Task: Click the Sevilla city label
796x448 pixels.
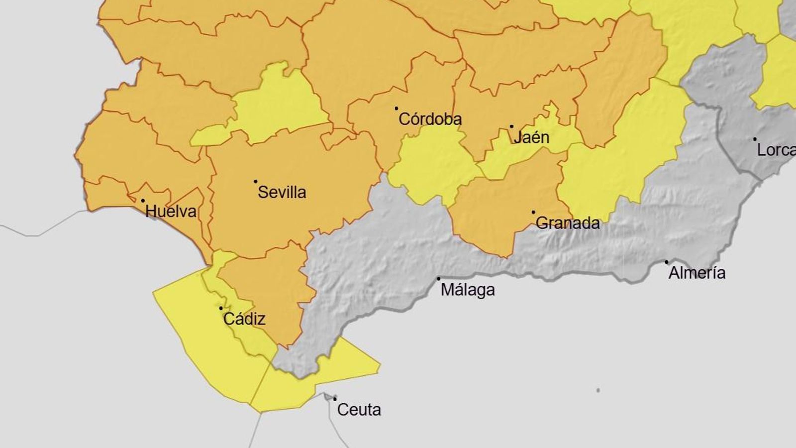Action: click(282, 192)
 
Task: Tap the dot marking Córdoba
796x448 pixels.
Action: click(397, 108)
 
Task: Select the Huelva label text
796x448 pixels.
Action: click(171, 212)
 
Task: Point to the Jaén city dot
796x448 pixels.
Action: click(511, 126)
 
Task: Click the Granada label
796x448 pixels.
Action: click(568, 223)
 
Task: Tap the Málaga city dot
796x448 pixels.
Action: click(438, 279)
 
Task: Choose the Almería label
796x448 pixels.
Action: click(696, 273)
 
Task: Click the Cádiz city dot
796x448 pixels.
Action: click(221, 308)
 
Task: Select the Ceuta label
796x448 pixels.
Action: click(359, 410)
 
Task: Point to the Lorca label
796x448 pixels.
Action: click(776, 150)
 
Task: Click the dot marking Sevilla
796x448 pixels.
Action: click(256, 182)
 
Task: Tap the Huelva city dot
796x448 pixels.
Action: click(143, 201)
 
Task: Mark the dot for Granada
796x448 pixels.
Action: click(533, 212)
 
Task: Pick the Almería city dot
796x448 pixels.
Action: click(667, 262)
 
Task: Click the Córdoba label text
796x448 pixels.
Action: click(430, 119)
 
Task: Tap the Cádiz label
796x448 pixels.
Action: click(244, 319)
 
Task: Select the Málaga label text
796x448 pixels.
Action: click(468, 290)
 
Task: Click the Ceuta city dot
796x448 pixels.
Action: click(335, 398)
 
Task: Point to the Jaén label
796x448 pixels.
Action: click(531, 137)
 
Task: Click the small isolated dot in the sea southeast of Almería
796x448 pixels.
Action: click(598, 390)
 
